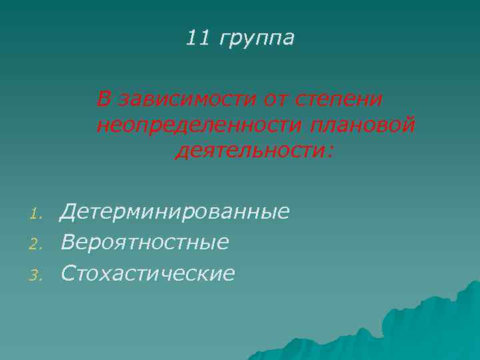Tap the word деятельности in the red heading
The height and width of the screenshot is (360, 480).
[248, 151]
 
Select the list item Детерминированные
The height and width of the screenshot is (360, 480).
[175, 212]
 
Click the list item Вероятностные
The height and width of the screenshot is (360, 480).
[145, 242]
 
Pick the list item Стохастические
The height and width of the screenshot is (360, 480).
[147, 272]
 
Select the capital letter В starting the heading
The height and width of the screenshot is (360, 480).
[103, 99]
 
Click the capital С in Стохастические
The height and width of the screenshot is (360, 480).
[67, 272]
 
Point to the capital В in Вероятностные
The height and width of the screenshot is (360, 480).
[67, 242]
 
